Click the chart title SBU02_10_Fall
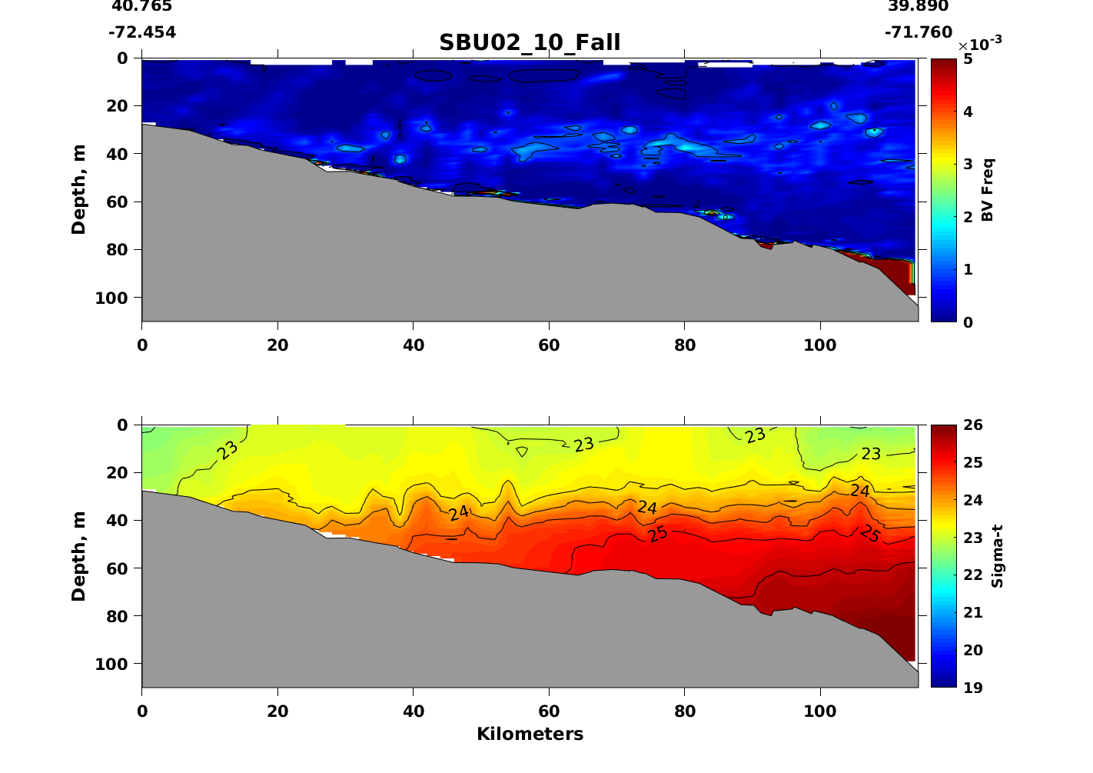coord(530,42)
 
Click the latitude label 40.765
coord(142,6)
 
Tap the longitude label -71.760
coord(919,32)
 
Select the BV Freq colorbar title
coord(988,190)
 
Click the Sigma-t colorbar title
coord(997,556)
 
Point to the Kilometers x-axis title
coord(530,734)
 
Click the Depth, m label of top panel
coord(78,189)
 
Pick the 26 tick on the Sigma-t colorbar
coord(973,425)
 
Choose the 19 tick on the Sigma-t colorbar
coord(973,688)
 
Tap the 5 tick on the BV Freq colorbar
coord(967,59)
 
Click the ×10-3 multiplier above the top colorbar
coord(980,44)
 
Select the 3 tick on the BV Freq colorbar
coord(967,165)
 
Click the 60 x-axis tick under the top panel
coord(549,345)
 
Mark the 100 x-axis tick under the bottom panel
coord(820,711)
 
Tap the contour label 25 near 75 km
coord(657,534)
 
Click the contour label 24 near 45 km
coord(459,513)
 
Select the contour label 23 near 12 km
coord(228,450)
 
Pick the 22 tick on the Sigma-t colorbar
coord(973,575)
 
